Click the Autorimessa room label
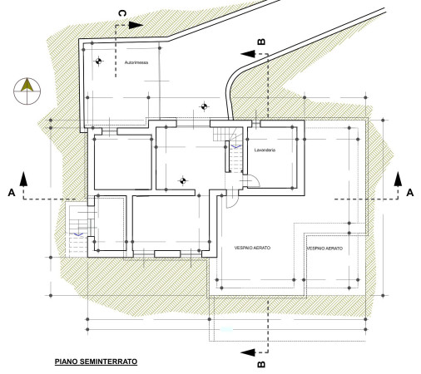pos(136,62)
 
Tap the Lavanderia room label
pos(265,150)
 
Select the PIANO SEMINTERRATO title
pos(96,362)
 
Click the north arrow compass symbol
pos(27,91)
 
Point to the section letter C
pos(122,13)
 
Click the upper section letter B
pos(261,42)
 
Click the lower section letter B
pos(261,364)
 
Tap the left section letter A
pos(12,193)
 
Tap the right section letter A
pos(410,193)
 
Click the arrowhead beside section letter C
pos(136,25)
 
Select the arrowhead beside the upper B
pos(248,54)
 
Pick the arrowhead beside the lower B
pos(248,352)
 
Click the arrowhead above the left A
pos(23,179)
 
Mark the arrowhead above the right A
pos(399,179)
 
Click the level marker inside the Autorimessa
pos(99,62)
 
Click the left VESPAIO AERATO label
pos(252,248)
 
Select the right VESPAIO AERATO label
pos(324,249)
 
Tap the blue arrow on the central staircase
pos(236,146)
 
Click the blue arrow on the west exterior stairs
pos(78,234)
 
